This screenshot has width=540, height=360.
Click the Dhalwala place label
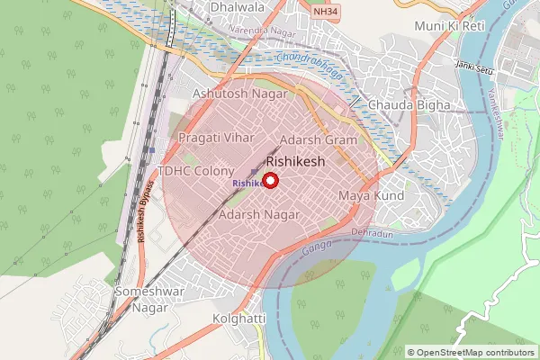[238, 7]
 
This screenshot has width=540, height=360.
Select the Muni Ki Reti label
[449, 26]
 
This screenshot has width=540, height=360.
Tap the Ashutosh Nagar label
[240, 94]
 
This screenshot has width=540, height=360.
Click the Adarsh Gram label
[319, 140]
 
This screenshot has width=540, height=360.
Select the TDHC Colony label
[195, 171]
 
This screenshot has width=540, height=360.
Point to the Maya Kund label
[370, 195]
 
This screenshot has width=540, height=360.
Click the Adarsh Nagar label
[259, 215]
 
